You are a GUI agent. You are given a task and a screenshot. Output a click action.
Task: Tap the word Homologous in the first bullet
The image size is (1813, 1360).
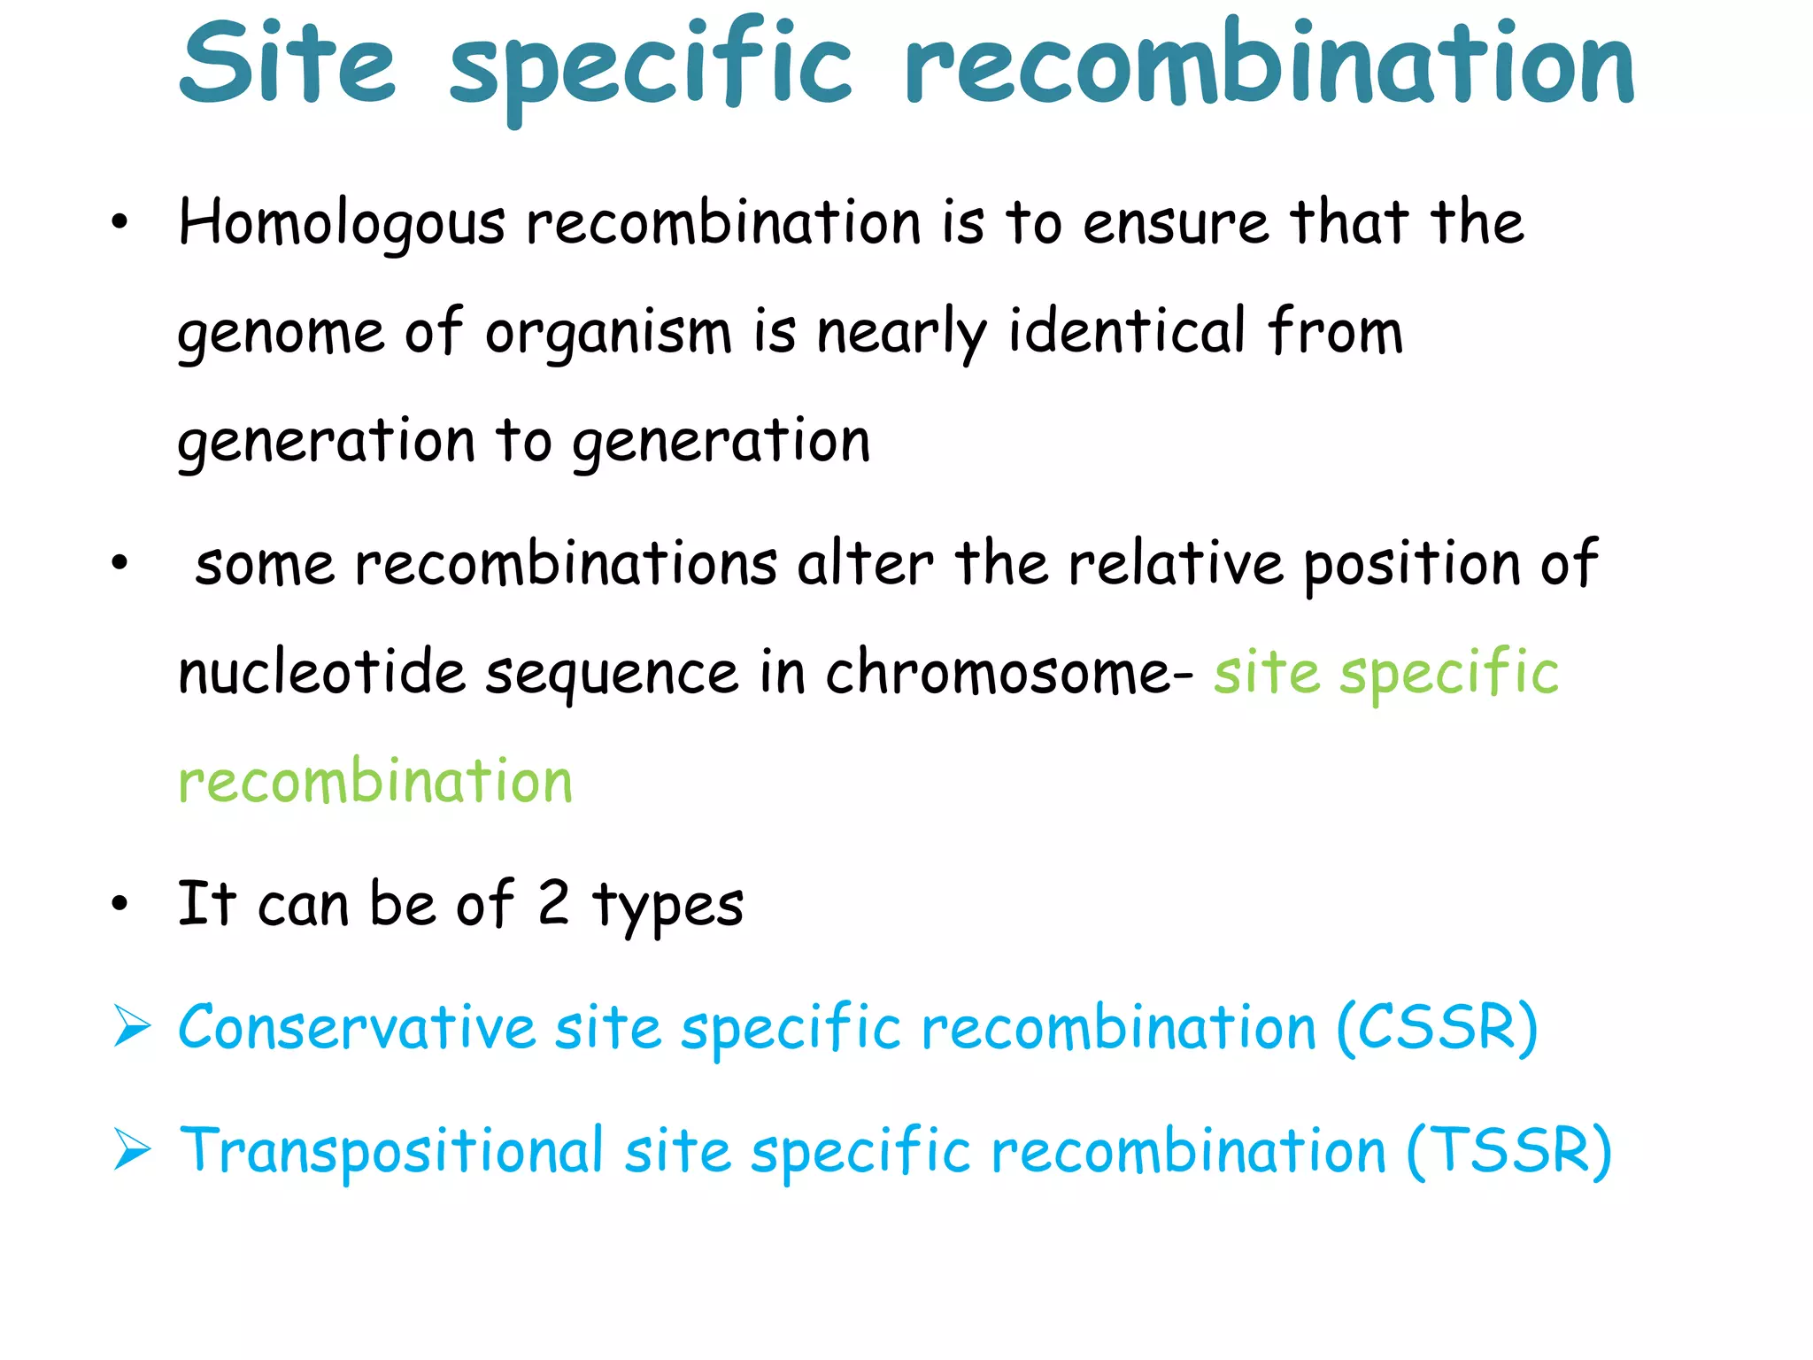[342, 224]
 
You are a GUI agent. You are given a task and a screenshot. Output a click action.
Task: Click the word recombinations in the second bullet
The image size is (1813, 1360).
[566, 564]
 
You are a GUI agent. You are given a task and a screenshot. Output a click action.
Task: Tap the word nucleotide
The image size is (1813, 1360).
[321, 673]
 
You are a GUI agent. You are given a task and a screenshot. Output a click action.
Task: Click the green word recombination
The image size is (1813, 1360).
[375, 782]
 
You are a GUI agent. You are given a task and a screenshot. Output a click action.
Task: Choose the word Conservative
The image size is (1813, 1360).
[357, 1028]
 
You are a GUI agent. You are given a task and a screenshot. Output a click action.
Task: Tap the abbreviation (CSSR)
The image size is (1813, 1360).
[1437, 1028]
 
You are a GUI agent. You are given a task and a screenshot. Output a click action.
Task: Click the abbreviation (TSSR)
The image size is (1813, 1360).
[1508, 1151]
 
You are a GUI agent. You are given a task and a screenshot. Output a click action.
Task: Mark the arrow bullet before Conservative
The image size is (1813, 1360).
[131, 1029]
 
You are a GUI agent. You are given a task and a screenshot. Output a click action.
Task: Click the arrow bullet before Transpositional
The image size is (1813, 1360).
[131, 1151]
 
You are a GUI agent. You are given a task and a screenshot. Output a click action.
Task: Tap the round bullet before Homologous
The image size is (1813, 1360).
[120, 224]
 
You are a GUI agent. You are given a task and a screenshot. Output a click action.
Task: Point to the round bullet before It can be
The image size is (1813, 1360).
[120, 904]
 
